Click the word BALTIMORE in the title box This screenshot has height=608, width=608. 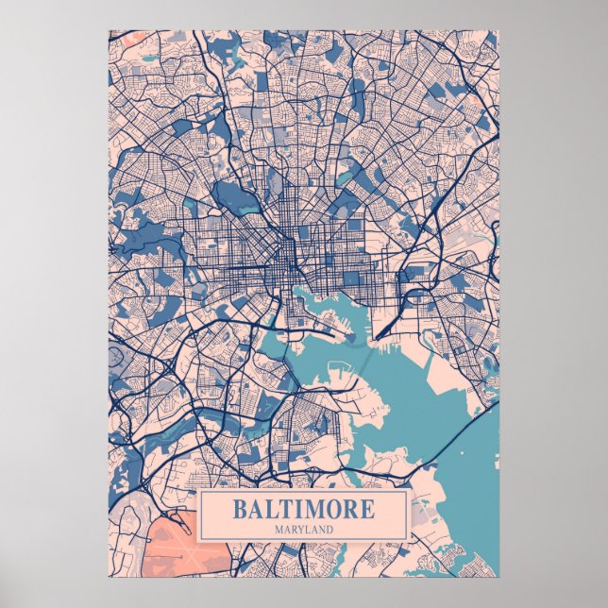point(302,510)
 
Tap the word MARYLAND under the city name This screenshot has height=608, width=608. point(303,530)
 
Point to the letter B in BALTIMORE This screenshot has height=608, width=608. point(238,510)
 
